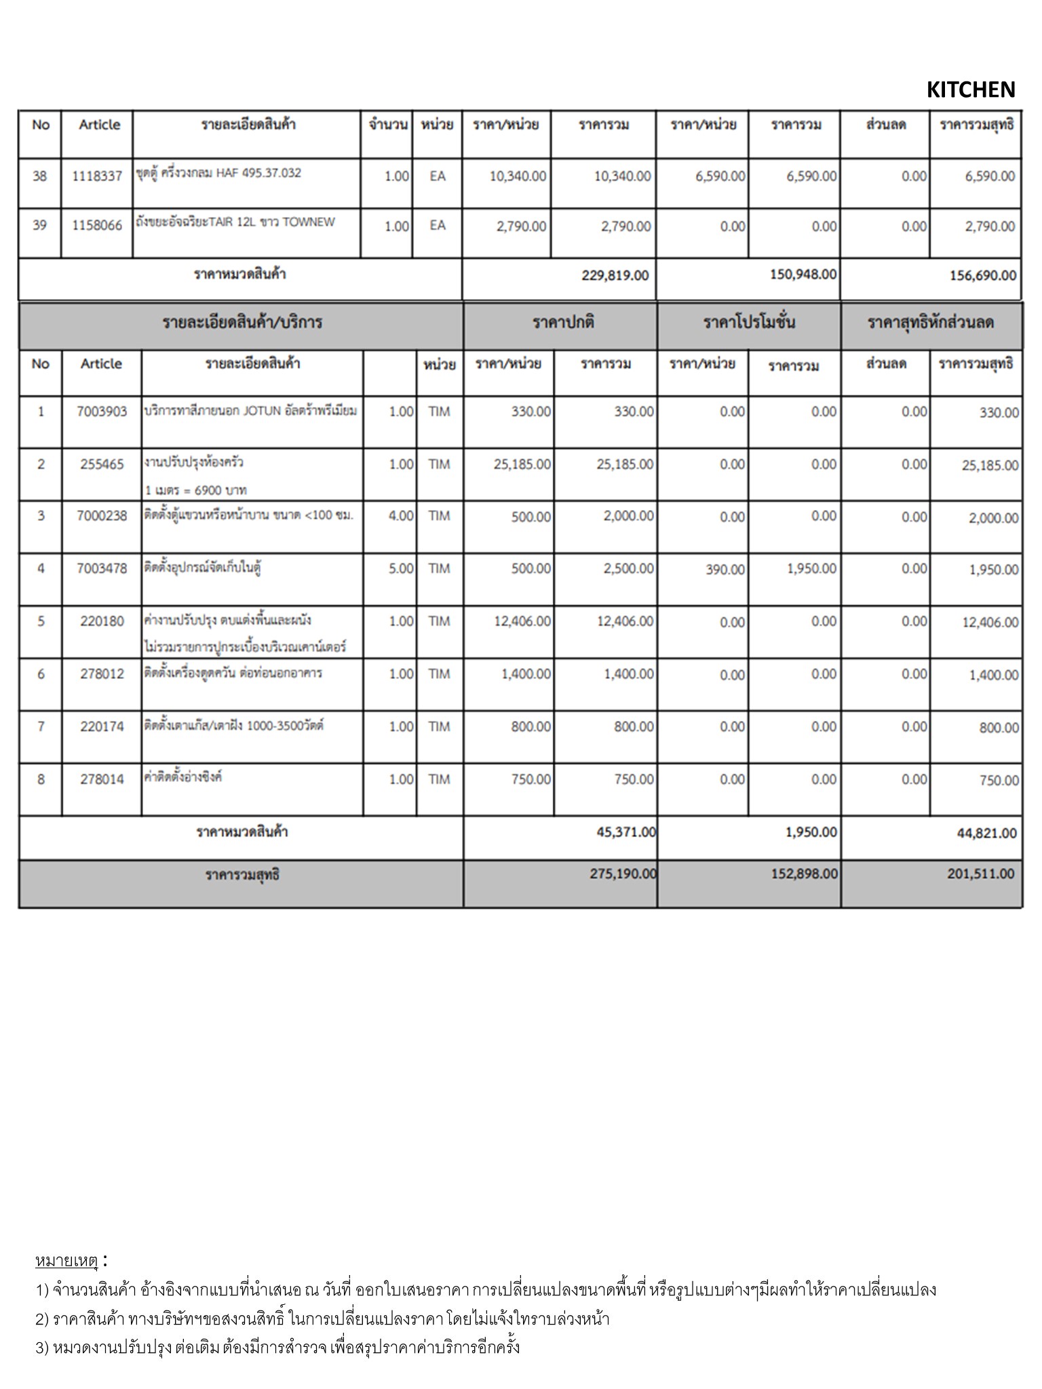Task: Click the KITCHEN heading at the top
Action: pos(970,90)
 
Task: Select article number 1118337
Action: pos(97,176)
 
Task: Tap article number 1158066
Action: pos(97,226)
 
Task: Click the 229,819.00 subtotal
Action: pos(615,275)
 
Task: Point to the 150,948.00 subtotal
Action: pos(803,274)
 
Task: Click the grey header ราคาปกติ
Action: pos(563,323)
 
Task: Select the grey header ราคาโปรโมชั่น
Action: pos(749,323)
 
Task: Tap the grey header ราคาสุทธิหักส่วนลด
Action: pos(931,323)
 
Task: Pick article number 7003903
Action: pos(102,412)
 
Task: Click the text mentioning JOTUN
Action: pos(250,411)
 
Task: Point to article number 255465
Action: pos(102,465)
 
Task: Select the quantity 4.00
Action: pos(401,516)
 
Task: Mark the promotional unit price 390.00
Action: pos(725,570)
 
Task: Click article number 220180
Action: pos(102,621)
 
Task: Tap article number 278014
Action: pos(102,779)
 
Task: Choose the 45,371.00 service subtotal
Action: pos(626,832)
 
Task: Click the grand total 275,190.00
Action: pos(623,874)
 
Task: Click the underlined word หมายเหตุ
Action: pos(66,1261)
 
